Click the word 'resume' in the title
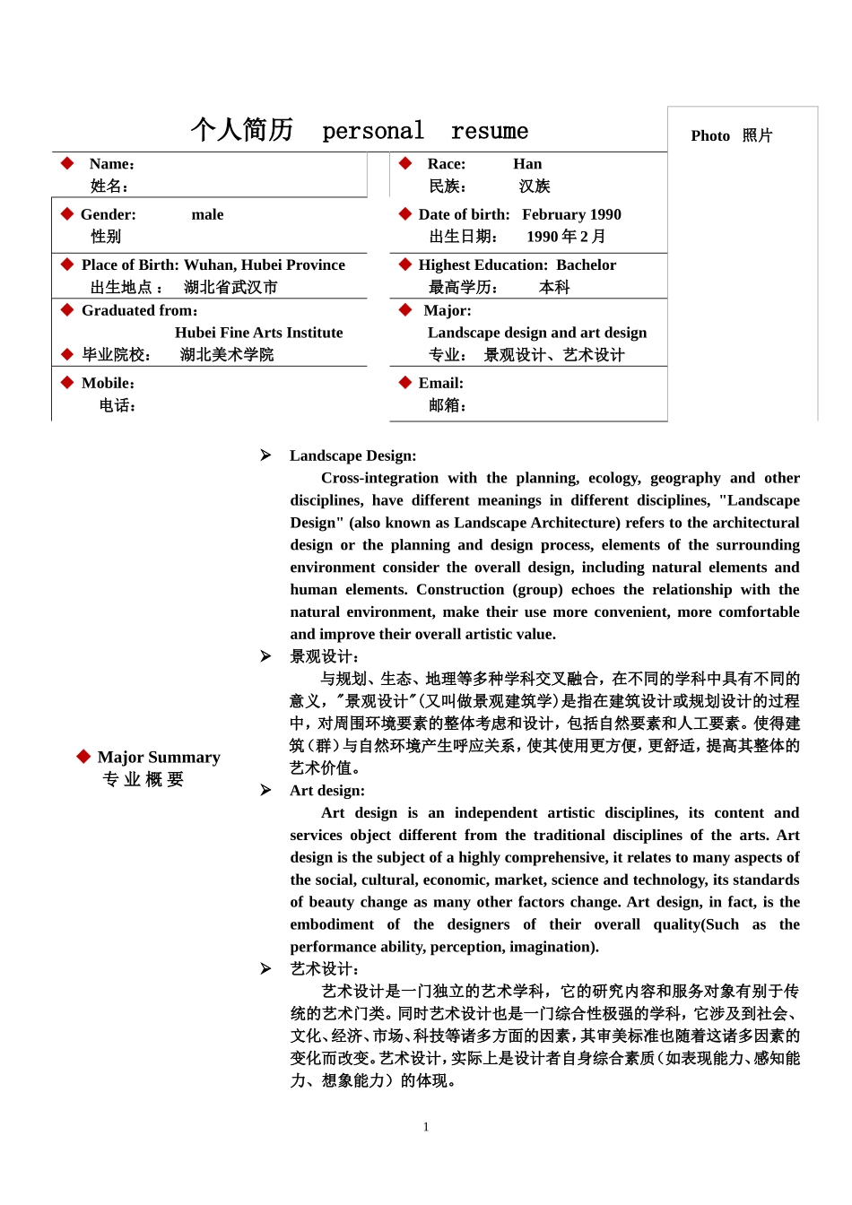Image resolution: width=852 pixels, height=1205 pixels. (x=490, y=132)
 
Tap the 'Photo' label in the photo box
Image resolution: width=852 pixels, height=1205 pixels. (x=710, y=135)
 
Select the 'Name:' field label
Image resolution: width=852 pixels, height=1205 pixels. (x=112, y=164)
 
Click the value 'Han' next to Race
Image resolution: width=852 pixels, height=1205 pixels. (x=527, y=164)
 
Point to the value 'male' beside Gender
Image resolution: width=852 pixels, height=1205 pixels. (x=207, y=214)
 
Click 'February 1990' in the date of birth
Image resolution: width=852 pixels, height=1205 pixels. (x=571, y=214)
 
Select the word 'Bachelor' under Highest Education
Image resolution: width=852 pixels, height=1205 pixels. (x=586, y=264)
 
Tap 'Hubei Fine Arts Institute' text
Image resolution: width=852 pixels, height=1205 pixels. (x=258, y=333)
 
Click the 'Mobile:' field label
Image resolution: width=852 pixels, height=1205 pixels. (x=108, y=383)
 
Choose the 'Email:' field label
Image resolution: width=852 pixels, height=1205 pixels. (x=440, y=383)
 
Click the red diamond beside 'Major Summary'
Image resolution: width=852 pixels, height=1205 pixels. (x=83, y=757)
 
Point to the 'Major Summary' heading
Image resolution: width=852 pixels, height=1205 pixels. (x=159, y=758)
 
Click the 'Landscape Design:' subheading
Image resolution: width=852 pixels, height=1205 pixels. (x=352, y=455)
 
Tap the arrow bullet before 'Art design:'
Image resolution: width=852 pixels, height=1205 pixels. (x=265, y=790)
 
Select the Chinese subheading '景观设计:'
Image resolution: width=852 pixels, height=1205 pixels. (x=324, y=656)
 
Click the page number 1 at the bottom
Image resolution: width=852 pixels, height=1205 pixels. (x=426, y=1127)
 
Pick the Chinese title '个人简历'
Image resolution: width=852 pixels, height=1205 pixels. (x=242, y=130)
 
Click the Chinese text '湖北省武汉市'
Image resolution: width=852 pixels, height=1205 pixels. (x=230, y=287)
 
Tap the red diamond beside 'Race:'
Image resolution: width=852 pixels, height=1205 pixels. (x=405, y=163)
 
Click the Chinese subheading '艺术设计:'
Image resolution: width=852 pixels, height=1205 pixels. (x=324, y=969)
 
